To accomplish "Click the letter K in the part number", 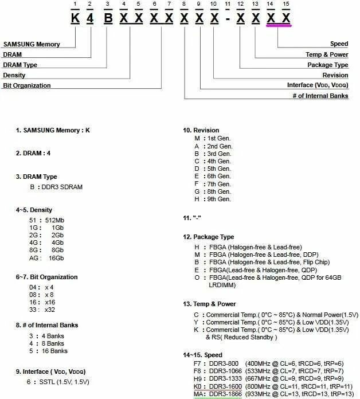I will [75, 18].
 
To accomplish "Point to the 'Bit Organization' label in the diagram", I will [27, 85].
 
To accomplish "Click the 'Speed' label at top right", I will [339, 44].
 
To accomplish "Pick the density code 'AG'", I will [34, 259].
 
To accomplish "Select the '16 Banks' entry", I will [56, 351].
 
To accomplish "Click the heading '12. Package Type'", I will [209, 237].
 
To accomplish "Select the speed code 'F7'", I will [199, 363].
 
